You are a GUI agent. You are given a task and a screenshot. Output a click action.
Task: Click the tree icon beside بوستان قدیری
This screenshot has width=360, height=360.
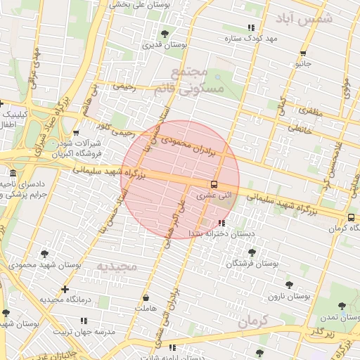pyautogui.click(x=165, y=33)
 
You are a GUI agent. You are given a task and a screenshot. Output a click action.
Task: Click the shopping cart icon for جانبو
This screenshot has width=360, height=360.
pyautogui.click(x=302, y=53)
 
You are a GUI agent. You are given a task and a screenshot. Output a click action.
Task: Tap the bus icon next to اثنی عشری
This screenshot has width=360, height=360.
pyautogui.click(x=214, y=185)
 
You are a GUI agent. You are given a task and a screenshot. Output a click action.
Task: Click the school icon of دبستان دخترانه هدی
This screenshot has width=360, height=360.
pyautogui.click(x=222, y=223)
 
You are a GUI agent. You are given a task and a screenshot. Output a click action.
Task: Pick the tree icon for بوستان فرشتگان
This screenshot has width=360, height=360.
pyautogui.click(x=252, y=252)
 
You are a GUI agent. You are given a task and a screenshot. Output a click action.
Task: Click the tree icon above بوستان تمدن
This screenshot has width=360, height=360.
pyautogui.click(x=342, y=306)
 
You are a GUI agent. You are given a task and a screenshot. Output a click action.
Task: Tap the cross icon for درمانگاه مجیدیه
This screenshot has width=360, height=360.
pyautogui.click(x=65, y=289)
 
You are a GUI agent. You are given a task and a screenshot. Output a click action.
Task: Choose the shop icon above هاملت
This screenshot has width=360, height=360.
pyautogui.click(x=146, y=298)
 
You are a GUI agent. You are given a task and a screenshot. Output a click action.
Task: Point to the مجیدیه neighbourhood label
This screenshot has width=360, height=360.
pyautogui.click(x=115, y=266)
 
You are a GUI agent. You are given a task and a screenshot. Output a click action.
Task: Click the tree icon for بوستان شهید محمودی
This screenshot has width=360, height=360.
pyautogui.click(x=46, y=254)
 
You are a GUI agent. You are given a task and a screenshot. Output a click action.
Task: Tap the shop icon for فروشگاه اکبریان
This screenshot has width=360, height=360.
pyautogui.click(x=76, y=133)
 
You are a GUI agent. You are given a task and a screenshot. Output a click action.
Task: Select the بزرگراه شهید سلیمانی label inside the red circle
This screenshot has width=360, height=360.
pyautogui.click(x=165, y=176)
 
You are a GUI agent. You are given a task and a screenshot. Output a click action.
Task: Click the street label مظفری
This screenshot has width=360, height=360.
pyautogui.click(x=310, y=112)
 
